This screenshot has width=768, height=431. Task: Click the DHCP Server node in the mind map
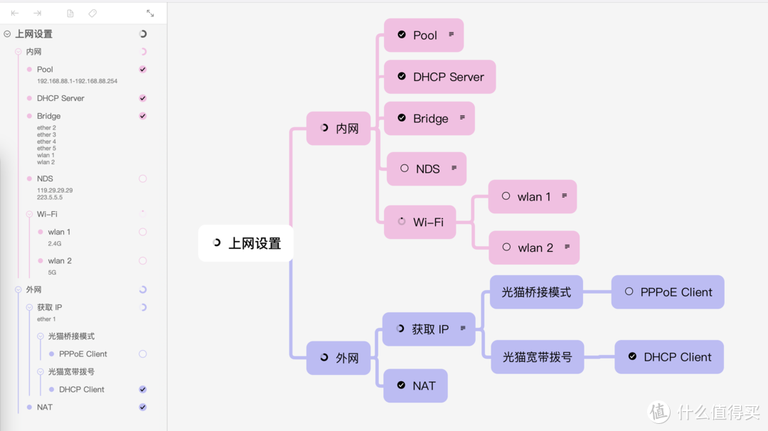pos(440,77)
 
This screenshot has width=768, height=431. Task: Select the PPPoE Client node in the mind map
pos(668,292)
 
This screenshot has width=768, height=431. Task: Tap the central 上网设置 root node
pos(245,243)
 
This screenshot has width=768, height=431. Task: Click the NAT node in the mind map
pos(415,385)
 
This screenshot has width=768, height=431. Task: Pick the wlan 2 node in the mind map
pos(534,248)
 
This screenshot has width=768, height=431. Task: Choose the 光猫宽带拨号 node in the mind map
pos(537,357)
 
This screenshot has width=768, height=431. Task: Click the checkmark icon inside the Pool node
pos(402,35)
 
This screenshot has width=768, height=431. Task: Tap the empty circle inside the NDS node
pos(405,169)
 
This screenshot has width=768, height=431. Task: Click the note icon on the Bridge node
pos(462,117)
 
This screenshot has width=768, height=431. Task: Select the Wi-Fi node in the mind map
pos(420,222)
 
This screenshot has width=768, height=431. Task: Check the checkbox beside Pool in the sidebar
pos(143,70)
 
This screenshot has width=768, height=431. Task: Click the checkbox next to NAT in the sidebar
pos(143,408)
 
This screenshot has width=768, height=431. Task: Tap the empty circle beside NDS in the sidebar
pos(143,179)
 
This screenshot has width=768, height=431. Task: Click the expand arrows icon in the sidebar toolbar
pos(150,14)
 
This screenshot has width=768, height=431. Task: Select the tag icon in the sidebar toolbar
pos(92,14)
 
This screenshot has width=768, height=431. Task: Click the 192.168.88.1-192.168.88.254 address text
pos(77,81)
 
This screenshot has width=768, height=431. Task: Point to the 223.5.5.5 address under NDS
pos(50,198)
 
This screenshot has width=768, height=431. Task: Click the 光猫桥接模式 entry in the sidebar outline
pos(71,336)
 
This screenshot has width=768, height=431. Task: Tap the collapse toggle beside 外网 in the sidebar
pos(18,290)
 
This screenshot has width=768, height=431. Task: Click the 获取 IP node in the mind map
pos(429,329)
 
